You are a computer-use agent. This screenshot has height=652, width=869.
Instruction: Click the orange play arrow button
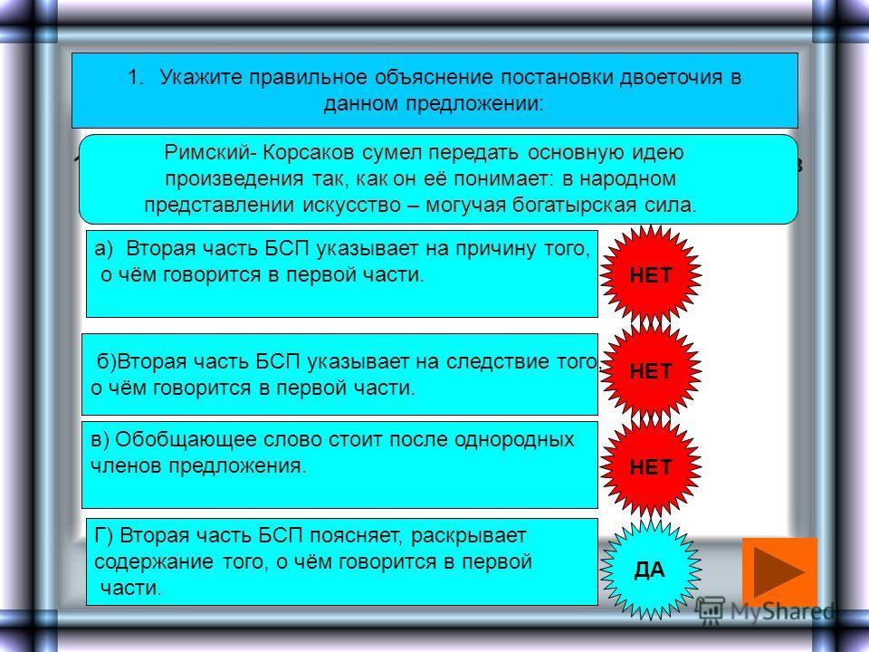tap(779, 571)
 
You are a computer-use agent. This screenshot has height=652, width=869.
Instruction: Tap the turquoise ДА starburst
tap(650, 570)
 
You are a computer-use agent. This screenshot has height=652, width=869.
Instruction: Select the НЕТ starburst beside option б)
tap(651, 370)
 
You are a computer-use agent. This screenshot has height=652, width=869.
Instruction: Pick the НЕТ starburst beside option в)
tap(651, 467)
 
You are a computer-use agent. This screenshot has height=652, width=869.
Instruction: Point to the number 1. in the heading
tap(136, 77)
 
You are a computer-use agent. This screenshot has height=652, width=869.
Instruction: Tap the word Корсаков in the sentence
tap(308, 152)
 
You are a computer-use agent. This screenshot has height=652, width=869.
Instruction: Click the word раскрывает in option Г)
tap(468, 536)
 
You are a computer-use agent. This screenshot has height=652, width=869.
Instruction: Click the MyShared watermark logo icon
tap(710, 610)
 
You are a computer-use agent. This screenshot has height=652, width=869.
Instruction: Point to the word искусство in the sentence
tap(351, 206)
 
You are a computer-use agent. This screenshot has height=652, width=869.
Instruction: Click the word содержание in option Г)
tap(154, 561)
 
